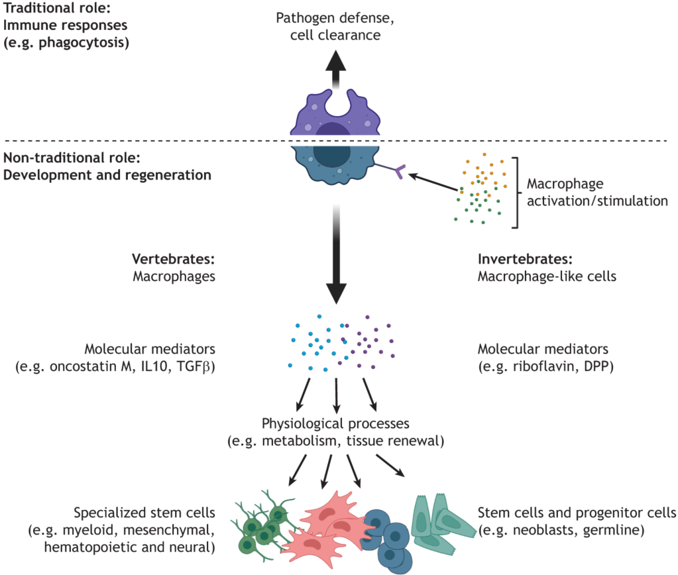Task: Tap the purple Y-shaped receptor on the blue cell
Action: [397, 174]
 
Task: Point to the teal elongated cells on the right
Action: [441, 523]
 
